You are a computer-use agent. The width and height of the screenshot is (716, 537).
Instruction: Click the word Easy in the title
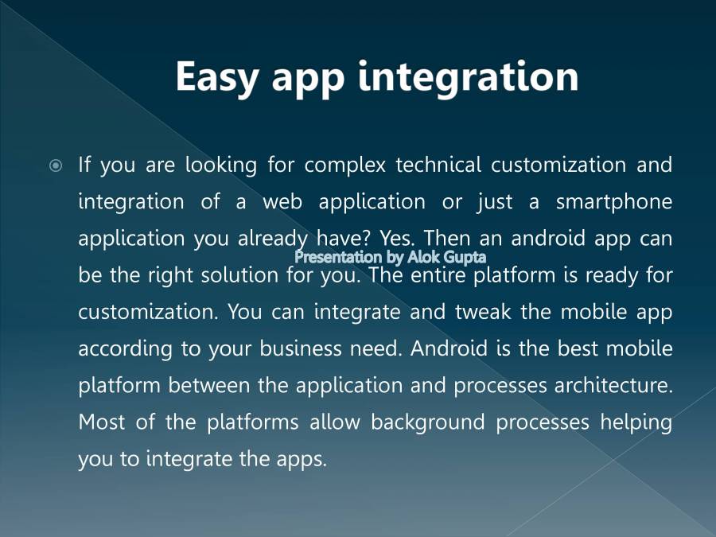click(218, 78)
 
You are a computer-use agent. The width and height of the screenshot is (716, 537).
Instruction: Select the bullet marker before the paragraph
click(56, 166)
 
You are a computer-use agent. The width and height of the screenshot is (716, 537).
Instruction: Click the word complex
click(344, 165)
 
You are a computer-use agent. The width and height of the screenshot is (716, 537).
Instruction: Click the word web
click(282, 202)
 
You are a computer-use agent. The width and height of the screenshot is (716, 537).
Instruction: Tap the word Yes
click(396, 239)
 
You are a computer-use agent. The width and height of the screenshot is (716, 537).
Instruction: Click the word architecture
click(613, 385)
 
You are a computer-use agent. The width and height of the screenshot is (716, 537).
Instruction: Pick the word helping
click(636, 422)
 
